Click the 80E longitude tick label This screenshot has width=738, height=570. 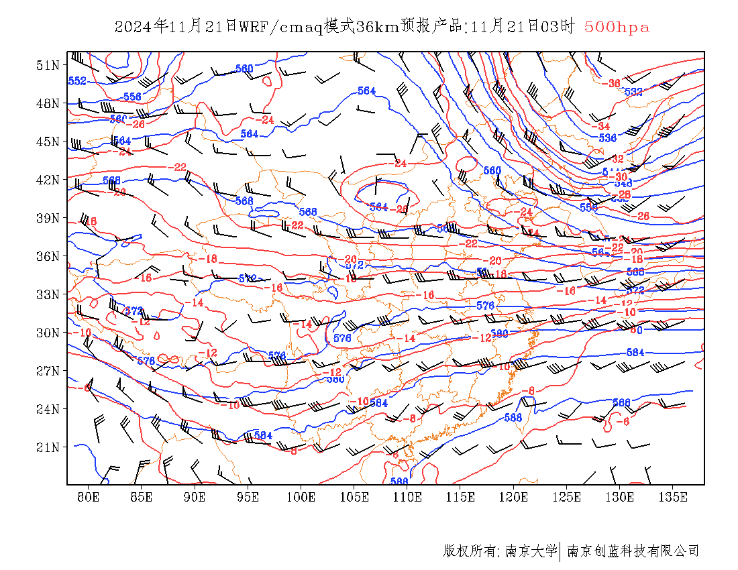(x=88, y=497)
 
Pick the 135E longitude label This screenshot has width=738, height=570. (x=673, y=497)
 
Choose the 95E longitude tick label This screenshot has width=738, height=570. (x=248, y=497)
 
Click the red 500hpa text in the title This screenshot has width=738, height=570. (x=617, y=27)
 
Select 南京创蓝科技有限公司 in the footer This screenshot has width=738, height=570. (x=633, y=551)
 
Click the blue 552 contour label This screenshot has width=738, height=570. (x=77, y=81)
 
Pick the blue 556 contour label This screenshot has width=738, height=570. (x=132, y=97)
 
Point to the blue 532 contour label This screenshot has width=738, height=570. (x=633, y=92)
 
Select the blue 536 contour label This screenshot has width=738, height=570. (x=607, y=138)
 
